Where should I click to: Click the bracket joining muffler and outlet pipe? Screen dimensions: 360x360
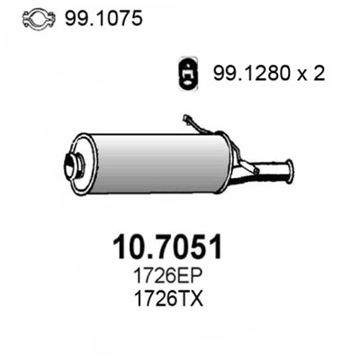[x=241, y=166]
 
